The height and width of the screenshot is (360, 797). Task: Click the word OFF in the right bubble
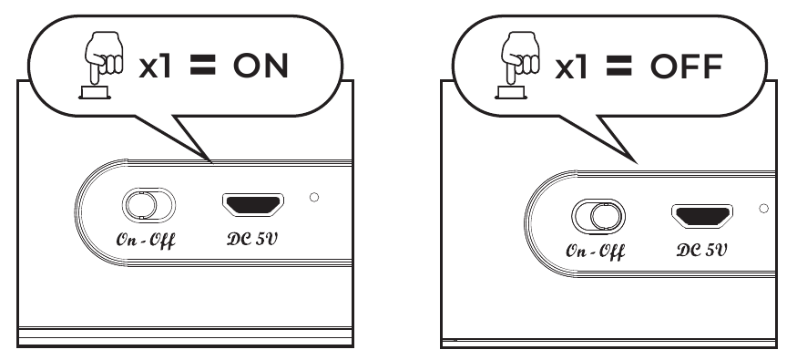tap(684, 67)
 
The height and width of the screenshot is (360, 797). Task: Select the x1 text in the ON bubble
tap(157, 67)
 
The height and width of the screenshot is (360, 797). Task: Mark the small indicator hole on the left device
tap(314, 197)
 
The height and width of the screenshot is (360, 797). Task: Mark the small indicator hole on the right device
tap(763, 208)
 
